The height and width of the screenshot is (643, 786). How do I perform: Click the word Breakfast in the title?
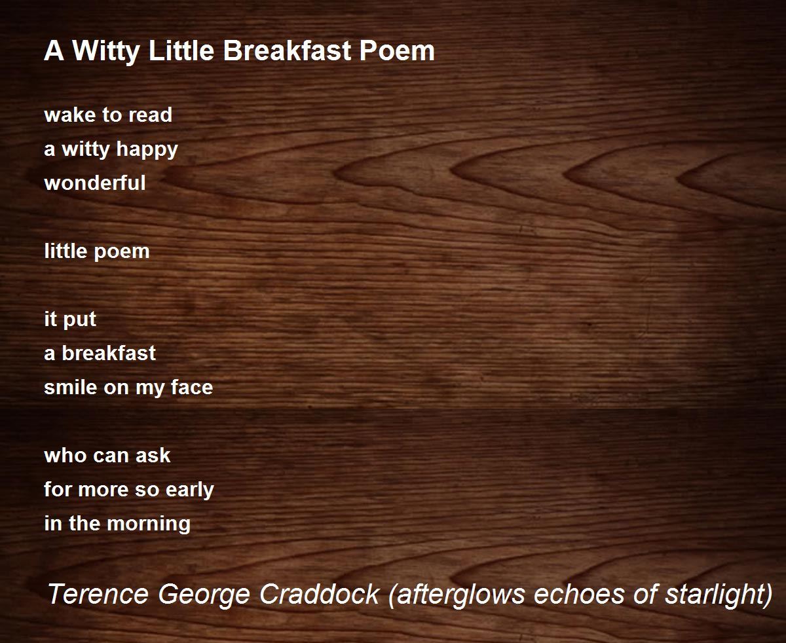[288, 50]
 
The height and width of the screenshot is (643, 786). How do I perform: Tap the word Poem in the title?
[398, 50]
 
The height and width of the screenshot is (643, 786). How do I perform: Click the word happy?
[147, 150]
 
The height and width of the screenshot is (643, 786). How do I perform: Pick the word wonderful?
[95, 183]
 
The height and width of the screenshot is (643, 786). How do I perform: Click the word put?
[80, 320]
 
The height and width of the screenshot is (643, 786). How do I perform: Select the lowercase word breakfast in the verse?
[109, 353]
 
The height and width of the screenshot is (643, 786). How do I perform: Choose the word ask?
[153, 455]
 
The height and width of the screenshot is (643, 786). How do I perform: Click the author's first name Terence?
[98, 594]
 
